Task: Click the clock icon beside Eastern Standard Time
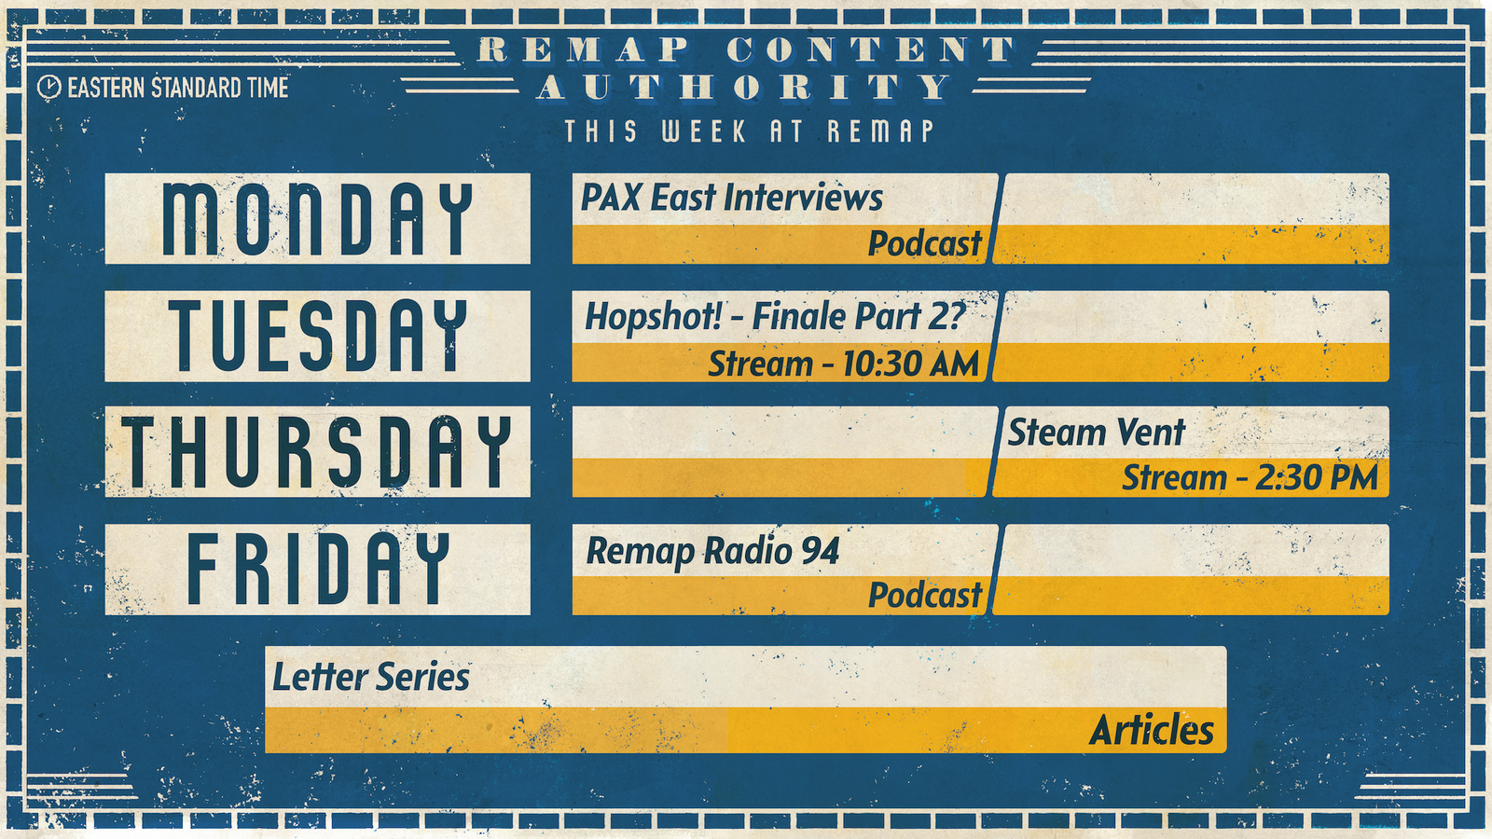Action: tap(49, 88)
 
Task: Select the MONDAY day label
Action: tap(318, 218)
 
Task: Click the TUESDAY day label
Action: tap(318, 335)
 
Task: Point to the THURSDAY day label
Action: tap(318, 451)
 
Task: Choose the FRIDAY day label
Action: tap(318, 569)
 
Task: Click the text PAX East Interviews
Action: tap(732, 198)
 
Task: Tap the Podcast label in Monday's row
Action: tap(925, 243)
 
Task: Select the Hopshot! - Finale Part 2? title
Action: tap(775, 316)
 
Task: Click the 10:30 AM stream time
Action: tap(910, 364)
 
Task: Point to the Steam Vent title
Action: tap(1097, 433)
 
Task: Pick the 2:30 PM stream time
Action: tap(1308, 478)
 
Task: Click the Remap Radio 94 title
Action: tap(712, 551)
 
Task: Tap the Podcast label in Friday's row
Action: tap(925, 595)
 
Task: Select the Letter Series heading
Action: tap(371, 677)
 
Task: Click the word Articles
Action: tap(1152, 731)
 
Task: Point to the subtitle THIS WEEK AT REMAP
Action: tap(750, 131)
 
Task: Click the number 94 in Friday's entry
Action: tap(820, 551)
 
